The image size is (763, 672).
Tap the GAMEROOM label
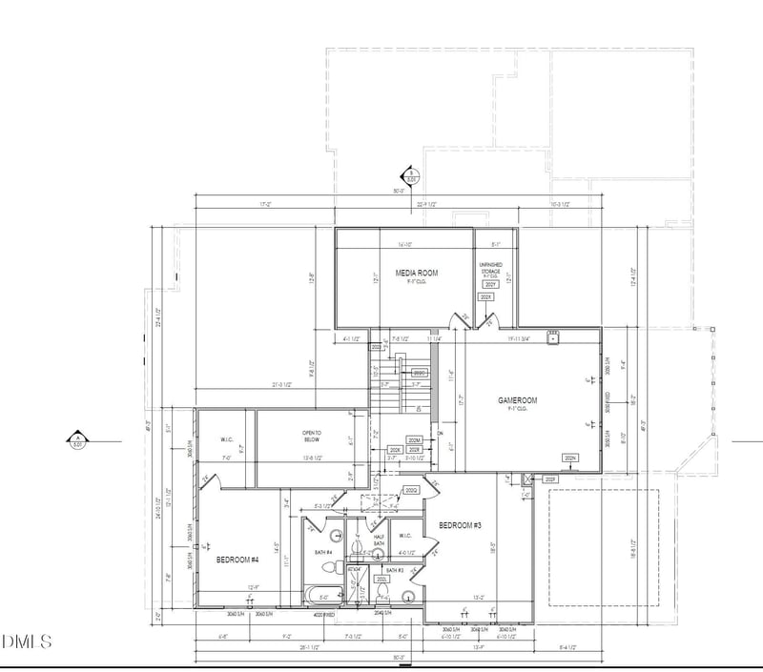click(x=518, y=400)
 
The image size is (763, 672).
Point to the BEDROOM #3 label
click(x=461, y=526)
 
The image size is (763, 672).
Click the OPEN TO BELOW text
click(x=312, y=437)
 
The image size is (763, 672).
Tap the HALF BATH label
click(x=379, y=540)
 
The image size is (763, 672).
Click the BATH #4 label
click(x=323, y=553)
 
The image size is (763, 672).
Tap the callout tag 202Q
click(x=412, y=490)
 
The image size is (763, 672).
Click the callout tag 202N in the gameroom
click(x=571, y=459)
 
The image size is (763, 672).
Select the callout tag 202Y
click(x=490, y=284)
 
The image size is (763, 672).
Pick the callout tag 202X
click(x=485, y=297)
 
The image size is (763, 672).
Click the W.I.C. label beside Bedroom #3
click(x=404, y=535)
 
